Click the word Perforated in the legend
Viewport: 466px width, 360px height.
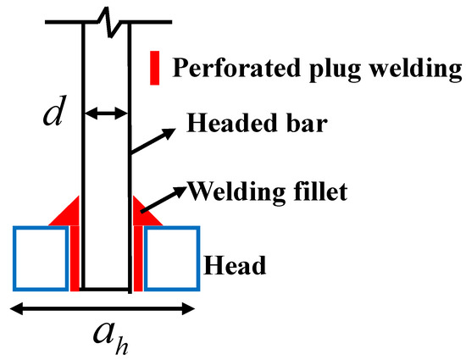pyautogui.click(x=223, y=69)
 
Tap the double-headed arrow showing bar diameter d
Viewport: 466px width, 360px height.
pyautogui.click(x=106, y=112)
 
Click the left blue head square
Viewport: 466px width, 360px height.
pyautogui.click(x=41, y=258)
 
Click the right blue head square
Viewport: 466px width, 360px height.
pyautogui.click(x=171, y=258)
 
